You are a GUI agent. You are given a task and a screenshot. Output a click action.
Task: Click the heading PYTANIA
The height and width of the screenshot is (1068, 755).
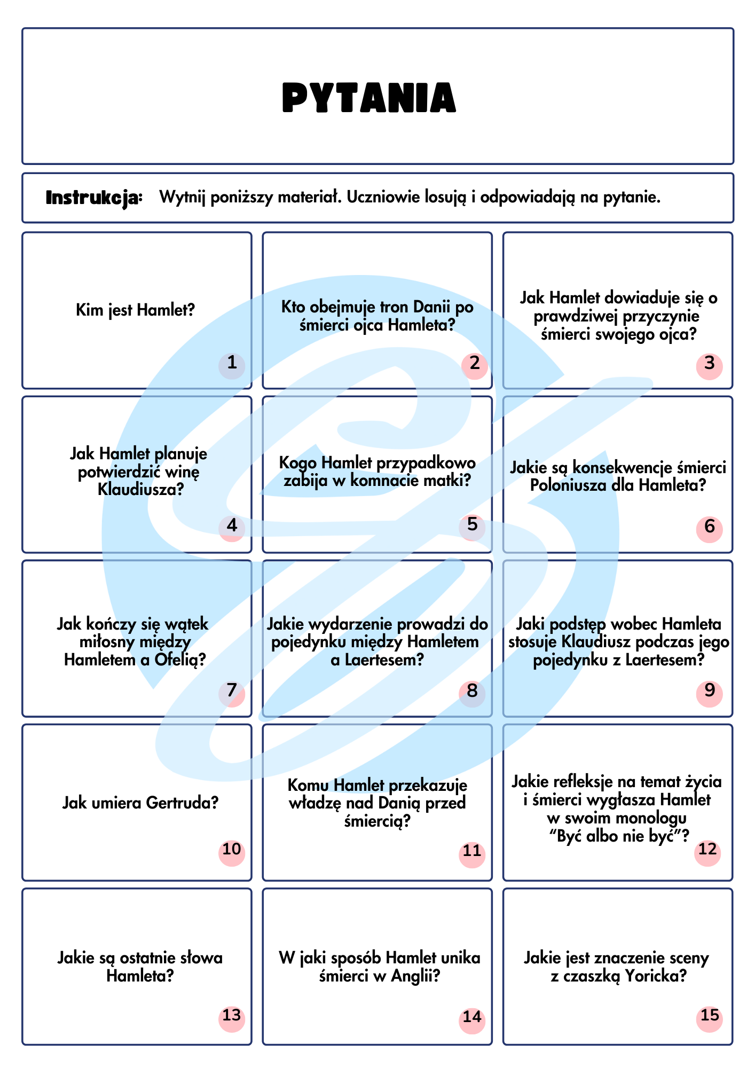coord(369,98)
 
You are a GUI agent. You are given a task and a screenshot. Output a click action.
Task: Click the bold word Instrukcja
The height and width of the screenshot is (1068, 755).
coord(94,198)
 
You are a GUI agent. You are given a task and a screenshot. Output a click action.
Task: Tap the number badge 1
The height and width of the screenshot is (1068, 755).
coord(232,364)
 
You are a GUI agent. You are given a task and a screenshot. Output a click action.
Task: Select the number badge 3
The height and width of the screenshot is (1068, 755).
coord(709,364)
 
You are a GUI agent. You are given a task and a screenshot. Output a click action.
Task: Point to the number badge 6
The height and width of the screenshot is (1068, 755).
coord(709,527)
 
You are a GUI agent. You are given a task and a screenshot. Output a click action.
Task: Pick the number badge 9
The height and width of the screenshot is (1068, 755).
coord(709,691)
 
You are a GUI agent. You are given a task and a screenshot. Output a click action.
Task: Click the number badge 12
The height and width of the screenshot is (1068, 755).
coord(707,849)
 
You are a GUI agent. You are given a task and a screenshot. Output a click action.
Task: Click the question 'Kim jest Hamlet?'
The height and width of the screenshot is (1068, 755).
coord(136,310)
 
